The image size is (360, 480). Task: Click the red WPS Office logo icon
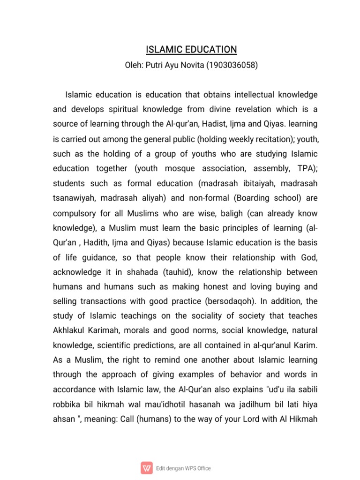point(147,467)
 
